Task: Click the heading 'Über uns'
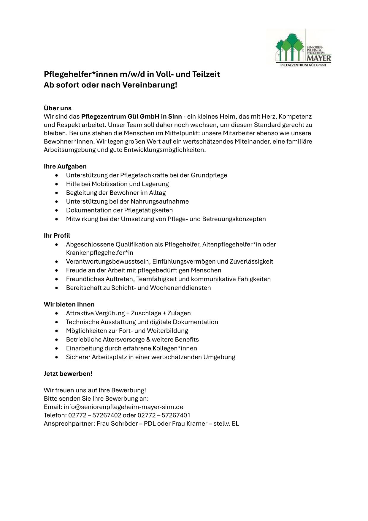(x=58, y=108)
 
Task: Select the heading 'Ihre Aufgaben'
(x=65, y=166)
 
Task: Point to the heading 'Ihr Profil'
(x=57, y=236)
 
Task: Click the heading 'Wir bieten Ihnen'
(x=69, y=304)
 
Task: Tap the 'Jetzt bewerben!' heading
(x=68, y=374)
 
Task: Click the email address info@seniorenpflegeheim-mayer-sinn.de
(x=123, y=407)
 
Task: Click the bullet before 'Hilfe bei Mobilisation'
(x=57, y=184)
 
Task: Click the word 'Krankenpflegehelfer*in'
(x=99, y=253)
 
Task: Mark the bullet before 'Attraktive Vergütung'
(x=57, y=313)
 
